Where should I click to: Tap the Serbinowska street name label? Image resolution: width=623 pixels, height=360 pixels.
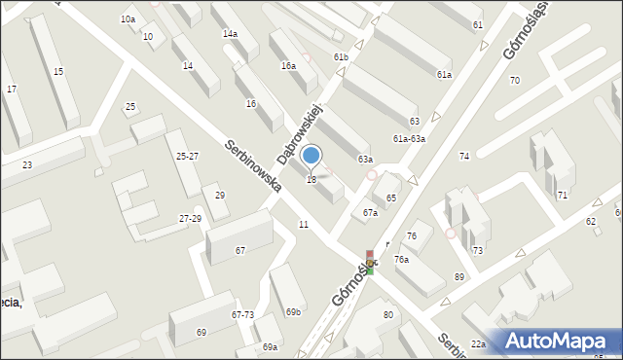click(253, 164)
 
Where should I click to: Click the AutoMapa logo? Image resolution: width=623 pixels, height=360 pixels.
click(557, 341)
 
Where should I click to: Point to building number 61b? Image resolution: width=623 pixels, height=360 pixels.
click(341, 57)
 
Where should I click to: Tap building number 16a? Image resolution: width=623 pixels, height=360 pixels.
click(288, 66)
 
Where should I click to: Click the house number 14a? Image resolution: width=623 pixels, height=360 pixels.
click(230, 33)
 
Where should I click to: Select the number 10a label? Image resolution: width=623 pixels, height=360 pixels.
click(128, 19)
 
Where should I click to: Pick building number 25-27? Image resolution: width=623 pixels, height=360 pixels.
click(187, 156)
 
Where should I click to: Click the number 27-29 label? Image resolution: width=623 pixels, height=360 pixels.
click(190, 219)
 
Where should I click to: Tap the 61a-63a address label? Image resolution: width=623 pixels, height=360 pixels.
click(409, 139)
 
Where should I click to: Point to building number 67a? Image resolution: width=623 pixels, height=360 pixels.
click(370, 213)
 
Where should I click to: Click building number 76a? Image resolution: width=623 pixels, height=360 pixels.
click(401, 260)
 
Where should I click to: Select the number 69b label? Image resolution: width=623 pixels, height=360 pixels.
click(293, 311)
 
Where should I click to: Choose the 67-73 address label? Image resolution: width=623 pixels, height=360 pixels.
click(242, 315)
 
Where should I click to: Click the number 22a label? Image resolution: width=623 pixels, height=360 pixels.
click(478, 344)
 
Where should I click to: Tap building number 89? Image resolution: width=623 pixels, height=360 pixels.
click(459, 277)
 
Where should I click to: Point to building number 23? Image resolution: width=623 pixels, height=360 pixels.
click(27, 165)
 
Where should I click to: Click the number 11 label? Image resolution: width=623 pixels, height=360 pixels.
click(304, 225)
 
